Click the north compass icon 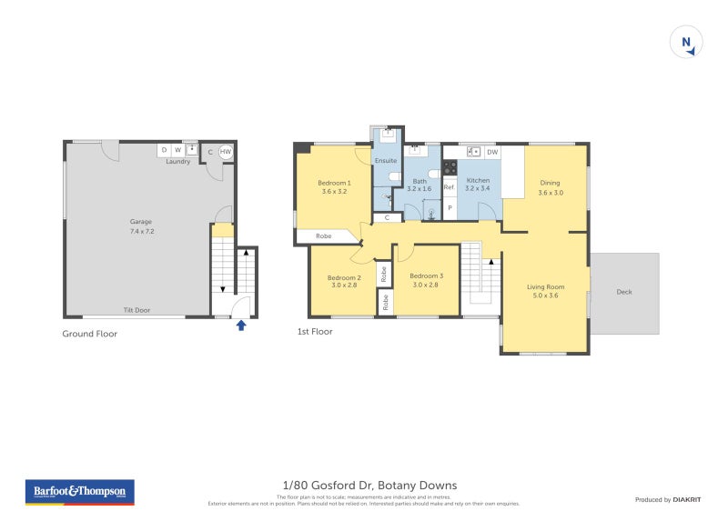(687, 43)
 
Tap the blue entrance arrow (241, 325)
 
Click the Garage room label (140, 221)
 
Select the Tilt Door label (136, 310)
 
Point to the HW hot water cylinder (225, 151)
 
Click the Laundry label (177, 161)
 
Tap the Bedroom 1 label (334, 183)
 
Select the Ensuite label (386, 160)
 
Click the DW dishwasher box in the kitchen (491, 152)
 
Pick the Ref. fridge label (449, 187)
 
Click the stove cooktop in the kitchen (449, 168)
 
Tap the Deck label (623, 292)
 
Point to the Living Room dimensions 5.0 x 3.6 (546, 296)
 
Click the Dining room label (550, 183)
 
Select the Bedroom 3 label (426, 276)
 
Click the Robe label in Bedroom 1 (323, 236)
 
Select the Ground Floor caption (89, 334)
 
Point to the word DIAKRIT (685, 499)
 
